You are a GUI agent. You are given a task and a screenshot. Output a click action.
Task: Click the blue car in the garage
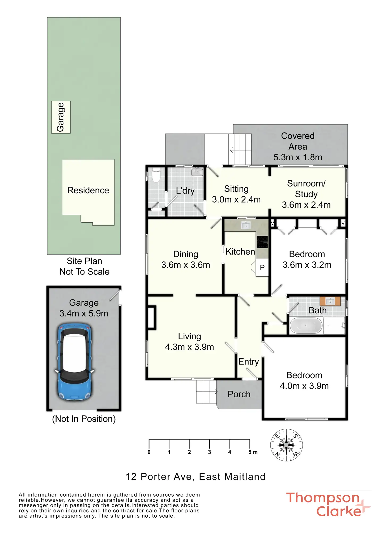tap(75, 362)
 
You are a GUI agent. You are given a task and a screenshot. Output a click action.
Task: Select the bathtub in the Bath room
tap(306, 326)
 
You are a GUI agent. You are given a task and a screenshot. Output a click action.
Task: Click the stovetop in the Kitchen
tap(262, 242)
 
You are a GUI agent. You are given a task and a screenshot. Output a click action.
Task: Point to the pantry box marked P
tap(262, 267)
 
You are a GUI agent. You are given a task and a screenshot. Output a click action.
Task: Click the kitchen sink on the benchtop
tap(246, 226)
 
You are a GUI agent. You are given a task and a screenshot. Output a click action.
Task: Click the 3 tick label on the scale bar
tap(210, 452)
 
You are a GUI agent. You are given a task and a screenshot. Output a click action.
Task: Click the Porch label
tap(239, 394)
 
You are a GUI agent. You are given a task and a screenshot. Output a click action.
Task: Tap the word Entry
tap(249, 362)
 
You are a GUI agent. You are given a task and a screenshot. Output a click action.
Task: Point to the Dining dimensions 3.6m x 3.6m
tap(186, 265)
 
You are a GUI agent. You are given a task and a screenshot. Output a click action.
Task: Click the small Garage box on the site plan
tap(61, 117)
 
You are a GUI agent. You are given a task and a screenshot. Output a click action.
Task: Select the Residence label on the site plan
tap(88, 190)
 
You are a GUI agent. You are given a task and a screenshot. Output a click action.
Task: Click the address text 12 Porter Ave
tap(160, 477)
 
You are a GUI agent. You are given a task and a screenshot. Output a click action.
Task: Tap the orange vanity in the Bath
tap(330, 301)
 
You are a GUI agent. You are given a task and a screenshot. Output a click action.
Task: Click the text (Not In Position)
tap(84, 419)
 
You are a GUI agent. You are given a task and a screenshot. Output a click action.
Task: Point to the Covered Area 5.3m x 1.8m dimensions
tap(298, 157)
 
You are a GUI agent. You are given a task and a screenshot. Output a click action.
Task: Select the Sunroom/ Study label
tap(306, 189)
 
